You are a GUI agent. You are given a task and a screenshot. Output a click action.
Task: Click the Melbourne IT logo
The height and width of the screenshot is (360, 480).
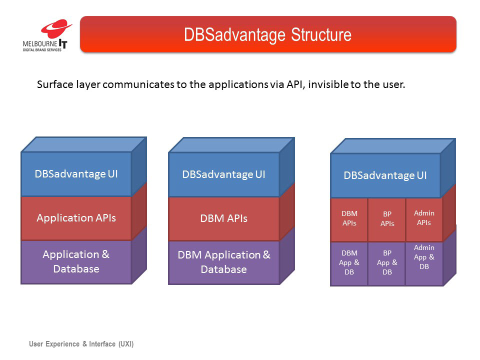point(47,35)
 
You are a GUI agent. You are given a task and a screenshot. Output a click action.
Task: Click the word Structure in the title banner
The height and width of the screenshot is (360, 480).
point(321,34)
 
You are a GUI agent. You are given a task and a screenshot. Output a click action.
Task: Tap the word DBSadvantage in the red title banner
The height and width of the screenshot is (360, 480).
point(235,34)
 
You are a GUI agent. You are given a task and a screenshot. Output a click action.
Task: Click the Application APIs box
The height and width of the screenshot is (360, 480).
point(76,218)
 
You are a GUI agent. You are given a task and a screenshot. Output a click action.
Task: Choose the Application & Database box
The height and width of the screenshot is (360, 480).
point(76,262)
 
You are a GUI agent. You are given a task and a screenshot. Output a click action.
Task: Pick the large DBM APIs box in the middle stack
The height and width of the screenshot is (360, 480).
point(224,218)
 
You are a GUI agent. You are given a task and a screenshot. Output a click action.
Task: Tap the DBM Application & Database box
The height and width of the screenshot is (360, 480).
point(224,262)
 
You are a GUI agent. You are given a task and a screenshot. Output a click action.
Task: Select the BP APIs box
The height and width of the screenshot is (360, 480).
point(387,219)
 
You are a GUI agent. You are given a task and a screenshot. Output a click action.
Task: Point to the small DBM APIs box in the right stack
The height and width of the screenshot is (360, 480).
point(349,219)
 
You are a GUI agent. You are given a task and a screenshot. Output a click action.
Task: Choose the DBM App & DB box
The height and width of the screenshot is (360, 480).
point(349,263)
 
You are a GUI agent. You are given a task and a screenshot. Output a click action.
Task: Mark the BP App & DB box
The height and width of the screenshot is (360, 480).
point(387,263)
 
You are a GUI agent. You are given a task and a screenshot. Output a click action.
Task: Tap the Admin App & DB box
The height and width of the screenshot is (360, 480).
point(424,263)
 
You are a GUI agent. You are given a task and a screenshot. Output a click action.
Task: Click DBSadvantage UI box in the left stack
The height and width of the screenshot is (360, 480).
point(76,174)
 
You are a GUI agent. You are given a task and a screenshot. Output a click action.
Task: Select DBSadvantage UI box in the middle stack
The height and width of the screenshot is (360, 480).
point(224,174)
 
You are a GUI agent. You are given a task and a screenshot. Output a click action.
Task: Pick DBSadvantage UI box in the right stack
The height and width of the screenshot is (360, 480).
point(385,175)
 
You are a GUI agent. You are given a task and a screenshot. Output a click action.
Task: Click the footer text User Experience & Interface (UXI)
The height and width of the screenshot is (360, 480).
point(81,344)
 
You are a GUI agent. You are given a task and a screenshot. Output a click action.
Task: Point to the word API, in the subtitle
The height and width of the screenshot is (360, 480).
point(295,84)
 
